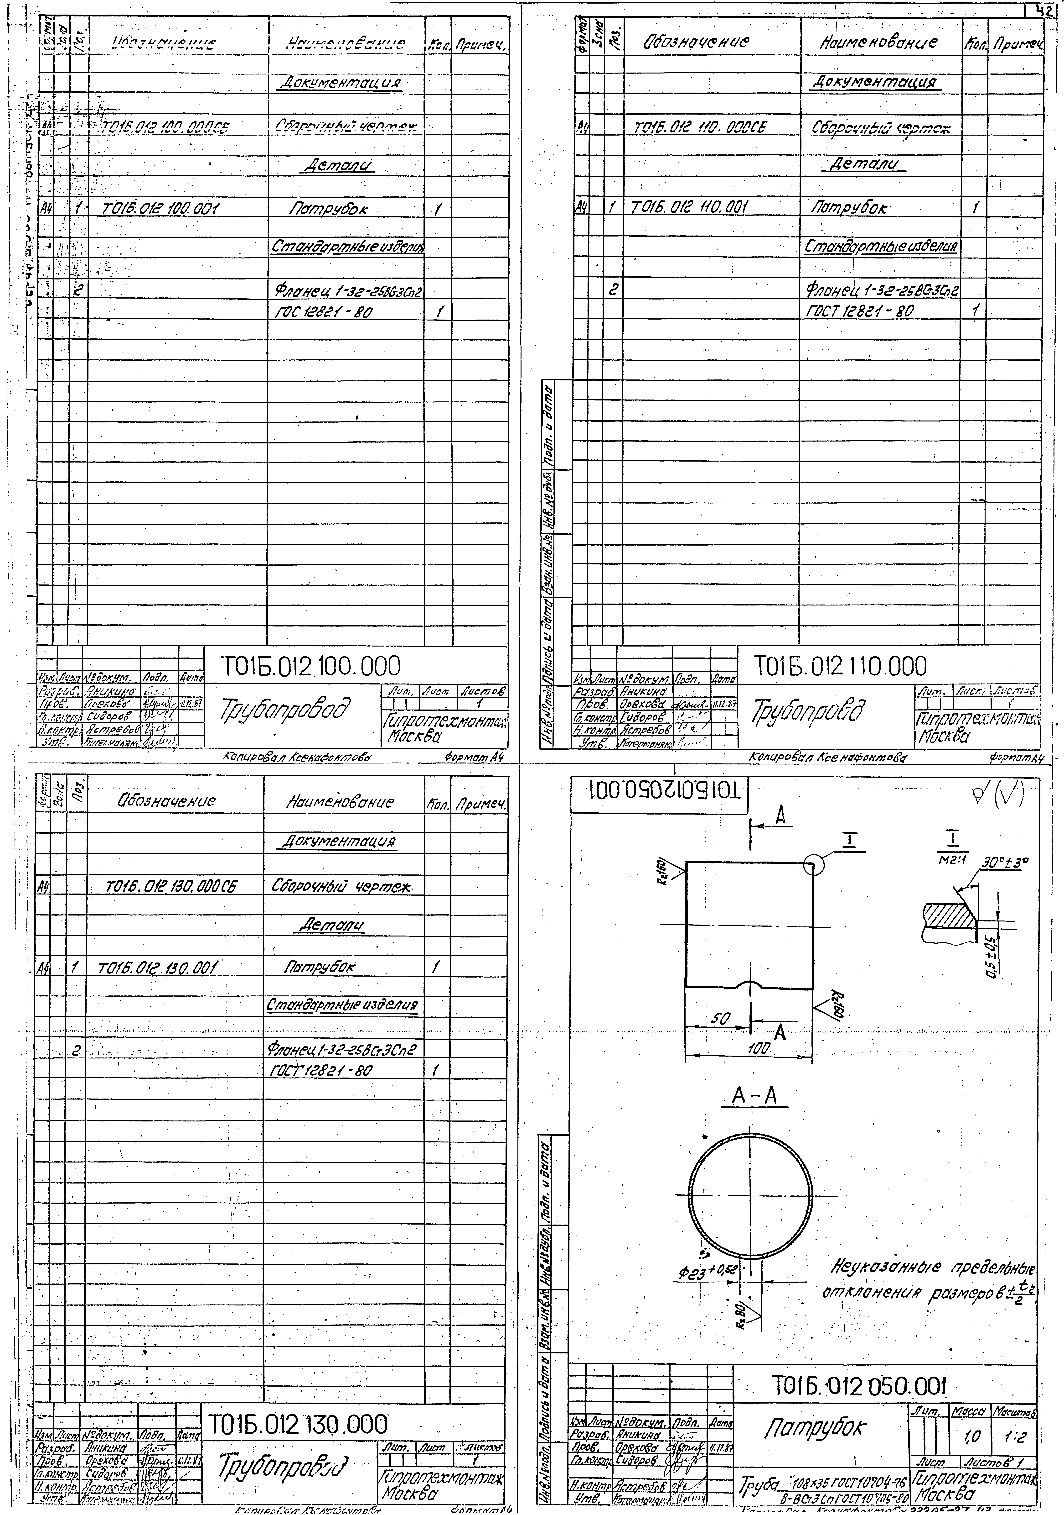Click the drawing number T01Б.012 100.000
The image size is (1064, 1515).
(x=310, y=666)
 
